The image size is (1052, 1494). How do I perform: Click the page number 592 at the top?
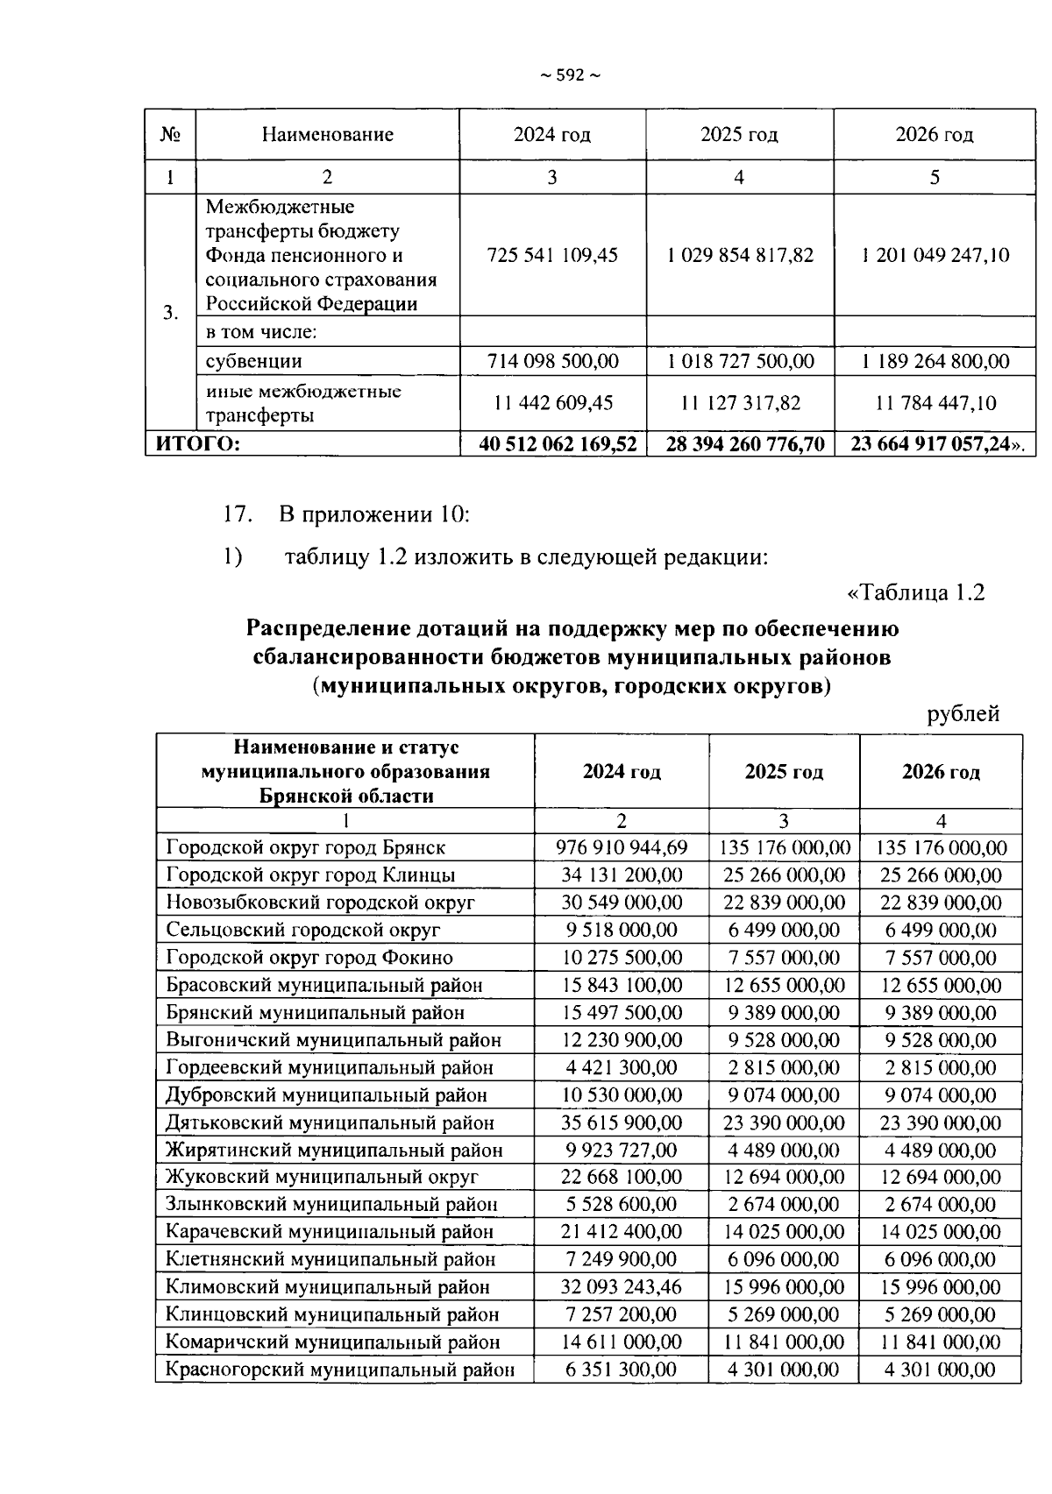[570, 76]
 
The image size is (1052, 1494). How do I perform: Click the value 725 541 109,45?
[552, 255]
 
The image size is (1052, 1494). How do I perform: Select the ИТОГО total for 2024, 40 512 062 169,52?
[558, 444]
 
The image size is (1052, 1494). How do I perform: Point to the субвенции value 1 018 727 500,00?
[740, 361]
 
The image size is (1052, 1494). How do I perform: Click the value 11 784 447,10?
[935, 403]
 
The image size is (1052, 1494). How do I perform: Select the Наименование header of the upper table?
[327, 135]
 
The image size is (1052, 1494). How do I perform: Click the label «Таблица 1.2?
[915, 593]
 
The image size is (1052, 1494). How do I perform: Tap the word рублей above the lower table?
[963, 714]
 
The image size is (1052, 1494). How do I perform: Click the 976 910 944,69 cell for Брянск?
[622, 847]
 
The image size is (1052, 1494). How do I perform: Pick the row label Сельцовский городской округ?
[303, 930]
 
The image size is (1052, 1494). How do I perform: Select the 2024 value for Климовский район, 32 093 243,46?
[622, 1287]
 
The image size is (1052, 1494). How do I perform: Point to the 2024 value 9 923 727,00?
[622, 1150]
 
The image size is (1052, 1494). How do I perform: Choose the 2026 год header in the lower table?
[941, 772]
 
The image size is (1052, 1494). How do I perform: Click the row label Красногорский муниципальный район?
[340, 1370]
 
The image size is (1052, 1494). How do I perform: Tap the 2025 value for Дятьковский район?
[784, 1122]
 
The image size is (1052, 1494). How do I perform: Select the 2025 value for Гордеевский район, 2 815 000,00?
[784, 1067]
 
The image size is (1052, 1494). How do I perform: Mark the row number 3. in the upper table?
[171, 313]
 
